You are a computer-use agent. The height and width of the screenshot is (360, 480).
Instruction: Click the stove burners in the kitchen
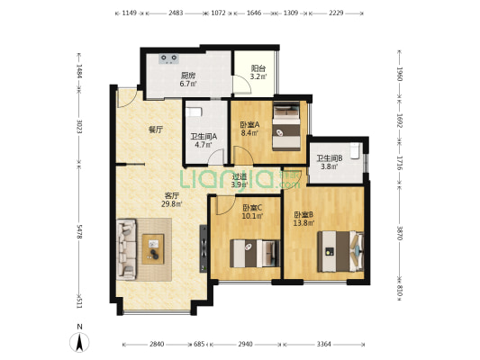coord(168,58)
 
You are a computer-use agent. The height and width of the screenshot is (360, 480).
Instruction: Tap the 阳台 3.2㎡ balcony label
coord(258,73)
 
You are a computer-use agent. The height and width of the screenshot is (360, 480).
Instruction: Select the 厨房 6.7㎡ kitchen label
coord(188,79)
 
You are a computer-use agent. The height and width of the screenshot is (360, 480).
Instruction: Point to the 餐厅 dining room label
coord(156,130)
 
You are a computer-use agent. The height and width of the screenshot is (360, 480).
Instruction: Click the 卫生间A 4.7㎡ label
coord(204,140)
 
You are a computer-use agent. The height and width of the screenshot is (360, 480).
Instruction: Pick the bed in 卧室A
coord(286,126)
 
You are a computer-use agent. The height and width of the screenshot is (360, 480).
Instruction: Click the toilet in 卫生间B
coord(355,151)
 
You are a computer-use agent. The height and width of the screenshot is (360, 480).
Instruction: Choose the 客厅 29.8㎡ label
coord(172,200)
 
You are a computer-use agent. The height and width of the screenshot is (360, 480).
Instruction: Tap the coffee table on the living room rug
coord(153,249)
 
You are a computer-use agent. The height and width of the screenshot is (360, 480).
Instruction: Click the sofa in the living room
coord(126,248)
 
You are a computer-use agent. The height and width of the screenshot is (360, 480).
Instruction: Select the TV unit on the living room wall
coord(204,248)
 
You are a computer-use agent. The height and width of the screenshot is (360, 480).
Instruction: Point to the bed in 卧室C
coord(255,254)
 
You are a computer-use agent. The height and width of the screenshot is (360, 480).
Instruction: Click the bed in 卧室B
coord(340,251)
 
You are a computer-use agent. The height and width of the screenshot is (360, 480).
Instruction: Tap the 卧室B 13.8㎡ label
coord(303,219)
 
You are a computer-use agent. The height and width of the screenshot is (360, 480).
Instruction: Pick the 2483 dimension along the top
coord(176,13)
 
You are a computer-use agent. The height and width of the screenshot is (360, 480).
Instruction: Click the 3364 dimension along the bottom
coord(324,344)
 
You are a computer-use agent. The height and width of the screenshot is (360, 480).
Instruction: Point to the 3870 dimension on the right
coord(400,233)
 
